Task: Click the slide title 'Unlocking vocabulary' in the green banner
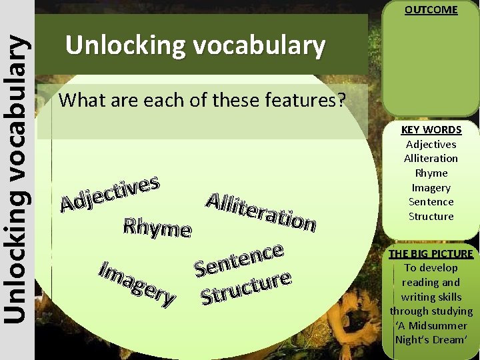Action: pos(195,46)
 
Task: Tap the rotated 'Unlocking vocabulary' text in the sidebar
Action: pos(17,180)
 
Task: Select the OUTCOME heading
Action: pos(431,10)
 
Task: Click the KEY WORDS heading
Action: pos(431,130)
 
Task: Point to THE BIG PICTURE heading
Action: pos(431,253)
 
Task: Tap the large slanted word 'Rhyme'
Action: pos(157,228)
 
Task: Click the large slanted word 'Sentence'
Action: pos(240,261)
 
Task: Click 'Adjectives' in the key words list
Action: pos(431,145)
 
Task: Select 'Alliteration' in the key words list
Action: pos(431,159)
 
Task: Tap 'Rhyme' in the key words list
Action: pos(431,173)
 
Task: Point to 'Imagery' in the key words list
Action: pos(431,188)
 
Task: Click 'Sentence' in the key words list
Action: pos(431,202)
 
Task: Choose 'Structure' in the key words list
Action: pos(431,217)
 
